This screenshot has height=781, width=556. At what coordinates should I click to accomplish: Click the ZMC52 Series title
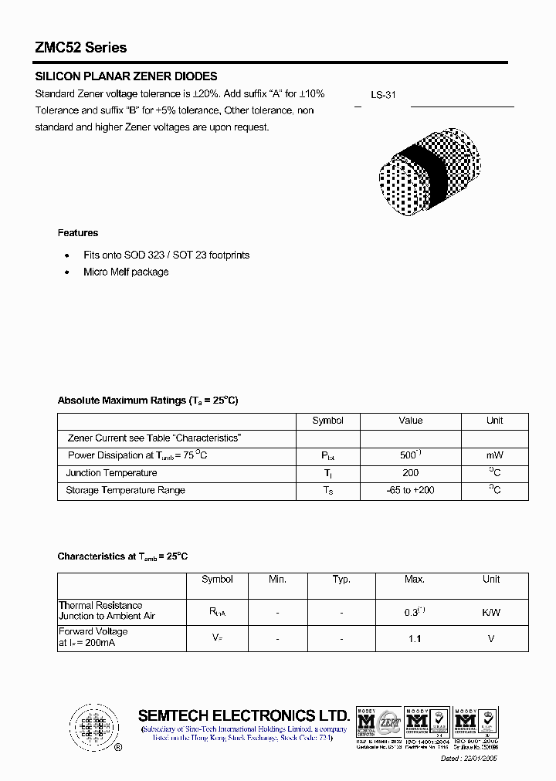click(81, 48)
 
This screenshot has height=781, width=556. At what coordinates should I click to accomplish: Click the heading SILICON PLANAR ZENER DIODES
click(127, 76)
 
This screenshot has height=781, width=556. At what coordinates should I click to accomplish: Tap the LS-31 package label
click(383, 95)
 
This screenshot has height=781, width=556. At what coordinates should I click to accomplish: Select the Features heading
click(78, 232)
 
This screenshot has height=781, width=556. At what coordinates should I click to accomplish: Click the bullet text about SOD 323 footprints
click(167, 255)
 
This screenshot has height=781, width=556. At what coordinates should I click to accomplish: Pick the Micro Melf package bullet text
click(126, 272)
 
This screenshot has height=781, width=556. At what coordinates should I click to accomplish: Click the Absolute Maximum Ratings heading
click(147, 401)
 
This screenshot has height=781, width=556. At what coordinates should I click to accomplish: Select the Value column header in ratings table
click(411, 421)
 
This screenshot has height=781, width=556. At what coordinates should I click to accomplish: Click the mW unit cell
click(494, 455)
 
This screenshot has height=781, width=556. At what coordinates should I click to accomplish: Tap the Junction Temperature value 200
click(411, 473)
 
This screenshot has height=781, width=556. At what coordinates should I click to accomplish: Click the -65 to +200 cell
click(411, 490)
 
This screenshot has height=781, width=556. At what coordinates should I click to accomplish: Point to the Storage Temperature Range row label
click(125, 490)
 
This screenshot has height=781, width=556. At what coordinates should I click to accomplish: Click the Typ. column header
click(341, 580)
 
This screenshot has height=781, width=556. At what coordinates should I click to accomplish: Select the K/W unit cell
click(491, 612)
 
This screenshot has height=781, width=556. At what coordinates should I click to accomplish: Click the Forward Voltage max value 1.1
click(415, 638)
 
